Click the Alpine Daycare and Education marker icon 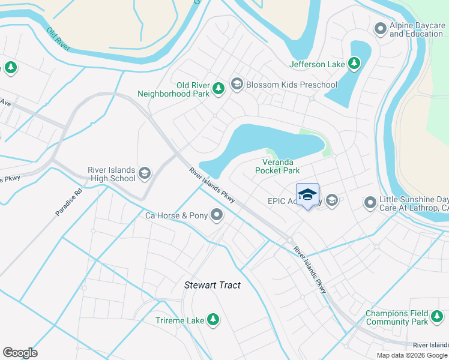[380, 29]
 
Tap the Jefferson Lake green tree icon [354, 64]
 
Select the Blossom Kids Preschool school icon [237, 85]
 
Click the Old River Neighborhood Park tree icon [218, 89]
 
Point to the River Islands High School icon [144, 174]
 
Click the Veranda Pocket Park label [277, 166]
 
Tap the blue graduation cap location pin [307, 195]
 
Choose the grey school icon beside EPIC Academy [331, 202]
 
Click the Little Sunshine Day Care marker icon [370, 203]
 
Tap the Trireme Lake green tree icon [212, 320]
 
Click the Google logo [20, 353]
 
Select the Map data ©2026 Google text [412, 355]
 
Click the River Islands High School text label [112, 174]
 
